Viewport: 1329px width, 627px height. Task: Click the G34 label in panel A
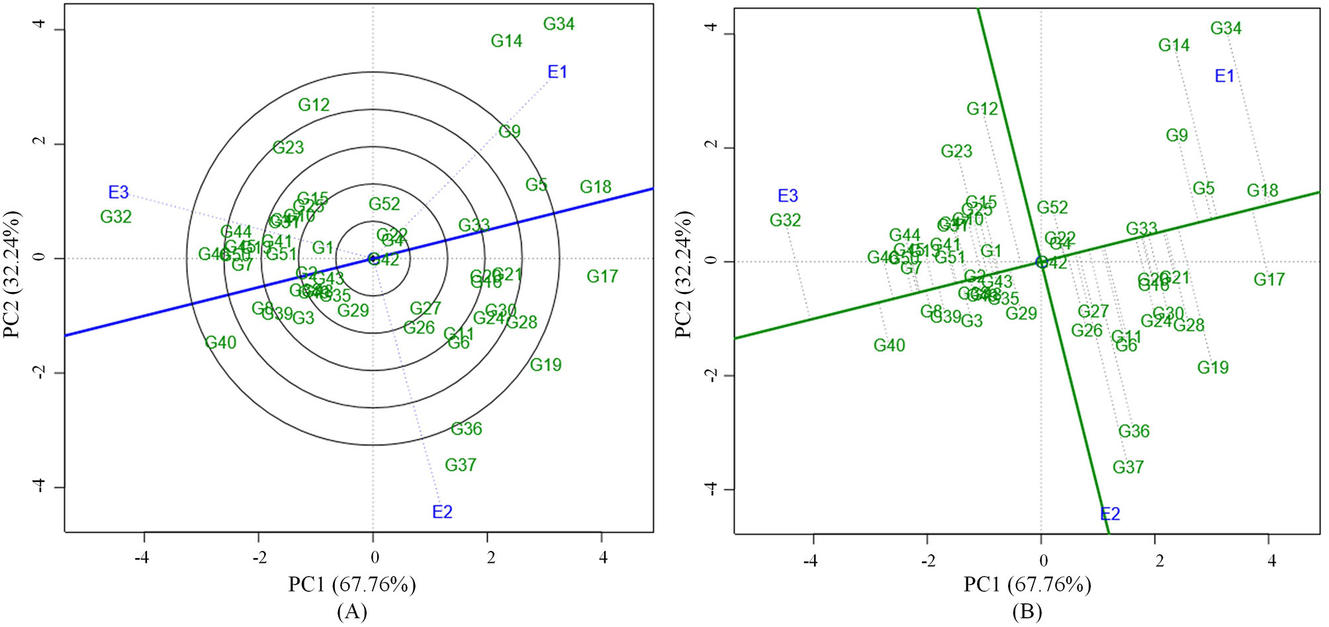point(559,24)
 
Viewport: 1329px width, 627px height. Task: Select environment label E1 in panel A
point(557,72)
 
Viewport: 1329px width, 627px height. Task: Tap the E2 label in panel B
point(1110,514)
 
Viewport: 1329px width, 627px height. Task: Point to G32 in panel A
point(116,217)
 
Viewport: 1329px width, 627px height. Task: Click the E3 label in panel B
point(788,196)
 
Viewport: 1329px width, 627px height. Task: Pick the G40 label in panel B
point(889,346)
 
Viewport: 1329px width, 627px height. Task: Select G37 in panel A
point(460,465)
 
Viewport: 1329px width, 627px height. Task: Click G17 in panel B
point(1269,280)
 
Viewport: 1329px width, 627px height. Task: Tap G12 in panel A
point(314,105)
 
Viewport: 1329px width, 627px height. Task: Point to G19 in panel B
point(1213,368)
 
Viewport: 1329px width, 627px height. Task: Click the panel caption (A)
point(351,611)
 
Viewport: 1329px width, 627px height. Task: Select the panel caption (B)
point(1027,611)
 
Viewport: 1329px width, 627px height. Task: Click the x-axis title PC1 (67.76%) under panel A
point(351,585)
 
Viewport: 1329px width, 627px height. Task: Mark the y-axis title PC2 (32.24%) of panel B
point(682,275)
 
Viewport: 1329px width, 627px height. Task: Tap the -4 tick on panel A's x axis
point(142,558)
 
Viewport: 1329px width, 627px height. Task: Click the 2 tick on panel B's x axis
point(1159,561)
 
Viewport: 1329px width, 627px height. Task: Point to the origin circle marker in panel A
point(373,259)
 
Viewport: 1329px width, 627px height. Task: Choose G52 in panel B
point(1052,208)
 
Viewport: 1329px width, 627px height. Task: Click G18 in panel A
point(595,187)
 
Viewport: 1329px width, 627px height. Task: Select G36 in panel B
point(1133,432)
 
